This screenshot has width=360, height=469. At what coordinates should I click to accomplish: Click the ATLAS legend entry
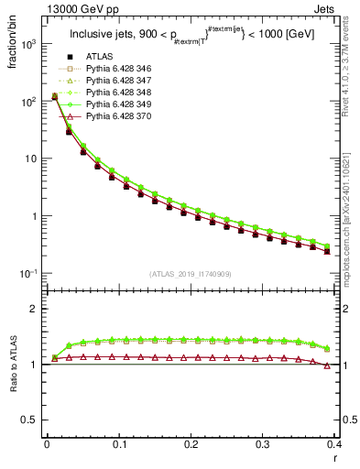[101, 58]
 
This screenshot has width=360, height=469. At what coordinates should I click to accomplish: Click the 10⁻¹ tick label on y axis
[29, 274]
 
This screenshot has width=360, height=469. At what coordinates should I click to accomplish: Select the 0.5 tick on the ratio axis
[31, 420]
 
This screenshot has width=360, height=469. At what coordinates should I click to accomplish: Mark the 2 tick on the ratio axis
[35, 309]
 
